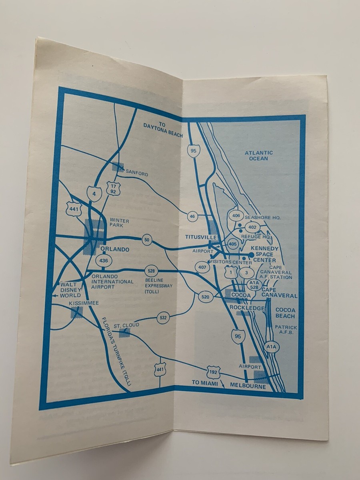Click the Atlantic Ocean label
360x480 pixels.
pos(259,156)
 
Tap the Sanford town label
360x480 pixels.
pos(137,174)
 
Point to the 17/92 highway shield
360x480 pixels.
pos(113,188)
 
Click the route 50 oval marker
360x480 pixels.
pos(147,240)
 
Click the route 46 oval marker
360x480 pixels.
pos(192,216)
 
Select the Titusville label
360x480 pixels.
pos(201,237)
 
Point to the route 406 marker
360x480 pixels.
pos(236,216)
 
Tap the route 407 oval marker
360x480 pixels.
pos(203,267)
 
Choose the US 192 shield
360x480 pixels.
pos(213,372)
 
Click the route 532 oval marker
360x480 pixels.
pos(163,318)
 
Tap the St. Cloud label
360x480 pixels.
pos(126,325)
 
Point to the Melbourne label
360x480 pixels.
pos(248,387)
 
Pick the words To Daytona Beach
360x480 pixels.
pos(163,130)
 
